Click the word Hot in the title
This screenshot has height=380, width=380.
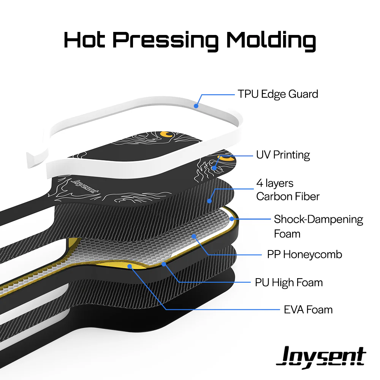pos(84,40)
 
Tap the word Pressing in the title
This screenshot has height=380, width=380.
pos(165,40)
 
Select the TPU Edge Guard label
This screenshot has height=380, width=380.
pos(278,94)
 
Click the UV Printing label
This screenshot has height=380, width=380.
pos(283,155)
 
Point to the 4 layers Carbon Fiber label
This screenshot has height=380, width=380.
pos(288,190)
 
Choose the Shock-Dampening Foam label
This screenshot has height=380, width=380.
pos(318,226)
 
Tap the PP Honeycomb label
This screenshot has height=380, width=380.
pos(304,254)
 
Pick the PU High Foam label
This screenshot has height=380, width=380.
pos(289,282)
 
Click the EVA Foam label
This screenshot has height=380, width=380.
pos(308,309)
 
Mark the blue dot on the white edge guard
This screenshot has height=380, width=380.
pos(196,106)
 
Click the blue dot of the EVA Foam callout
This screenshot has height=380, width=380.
pos(130,266)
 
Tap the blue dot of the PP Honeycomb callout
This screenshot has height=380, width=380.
pos(194,236)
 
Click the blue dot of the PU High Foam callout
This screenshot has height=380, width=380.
pos(164,263)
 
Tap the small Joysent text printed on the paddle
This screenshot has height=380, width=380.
pos(83,186)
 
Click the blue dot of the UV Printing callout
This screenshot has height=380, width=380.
pos(214,167)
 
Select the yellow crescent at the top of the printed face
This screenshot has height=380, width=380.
pos(166,133)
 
